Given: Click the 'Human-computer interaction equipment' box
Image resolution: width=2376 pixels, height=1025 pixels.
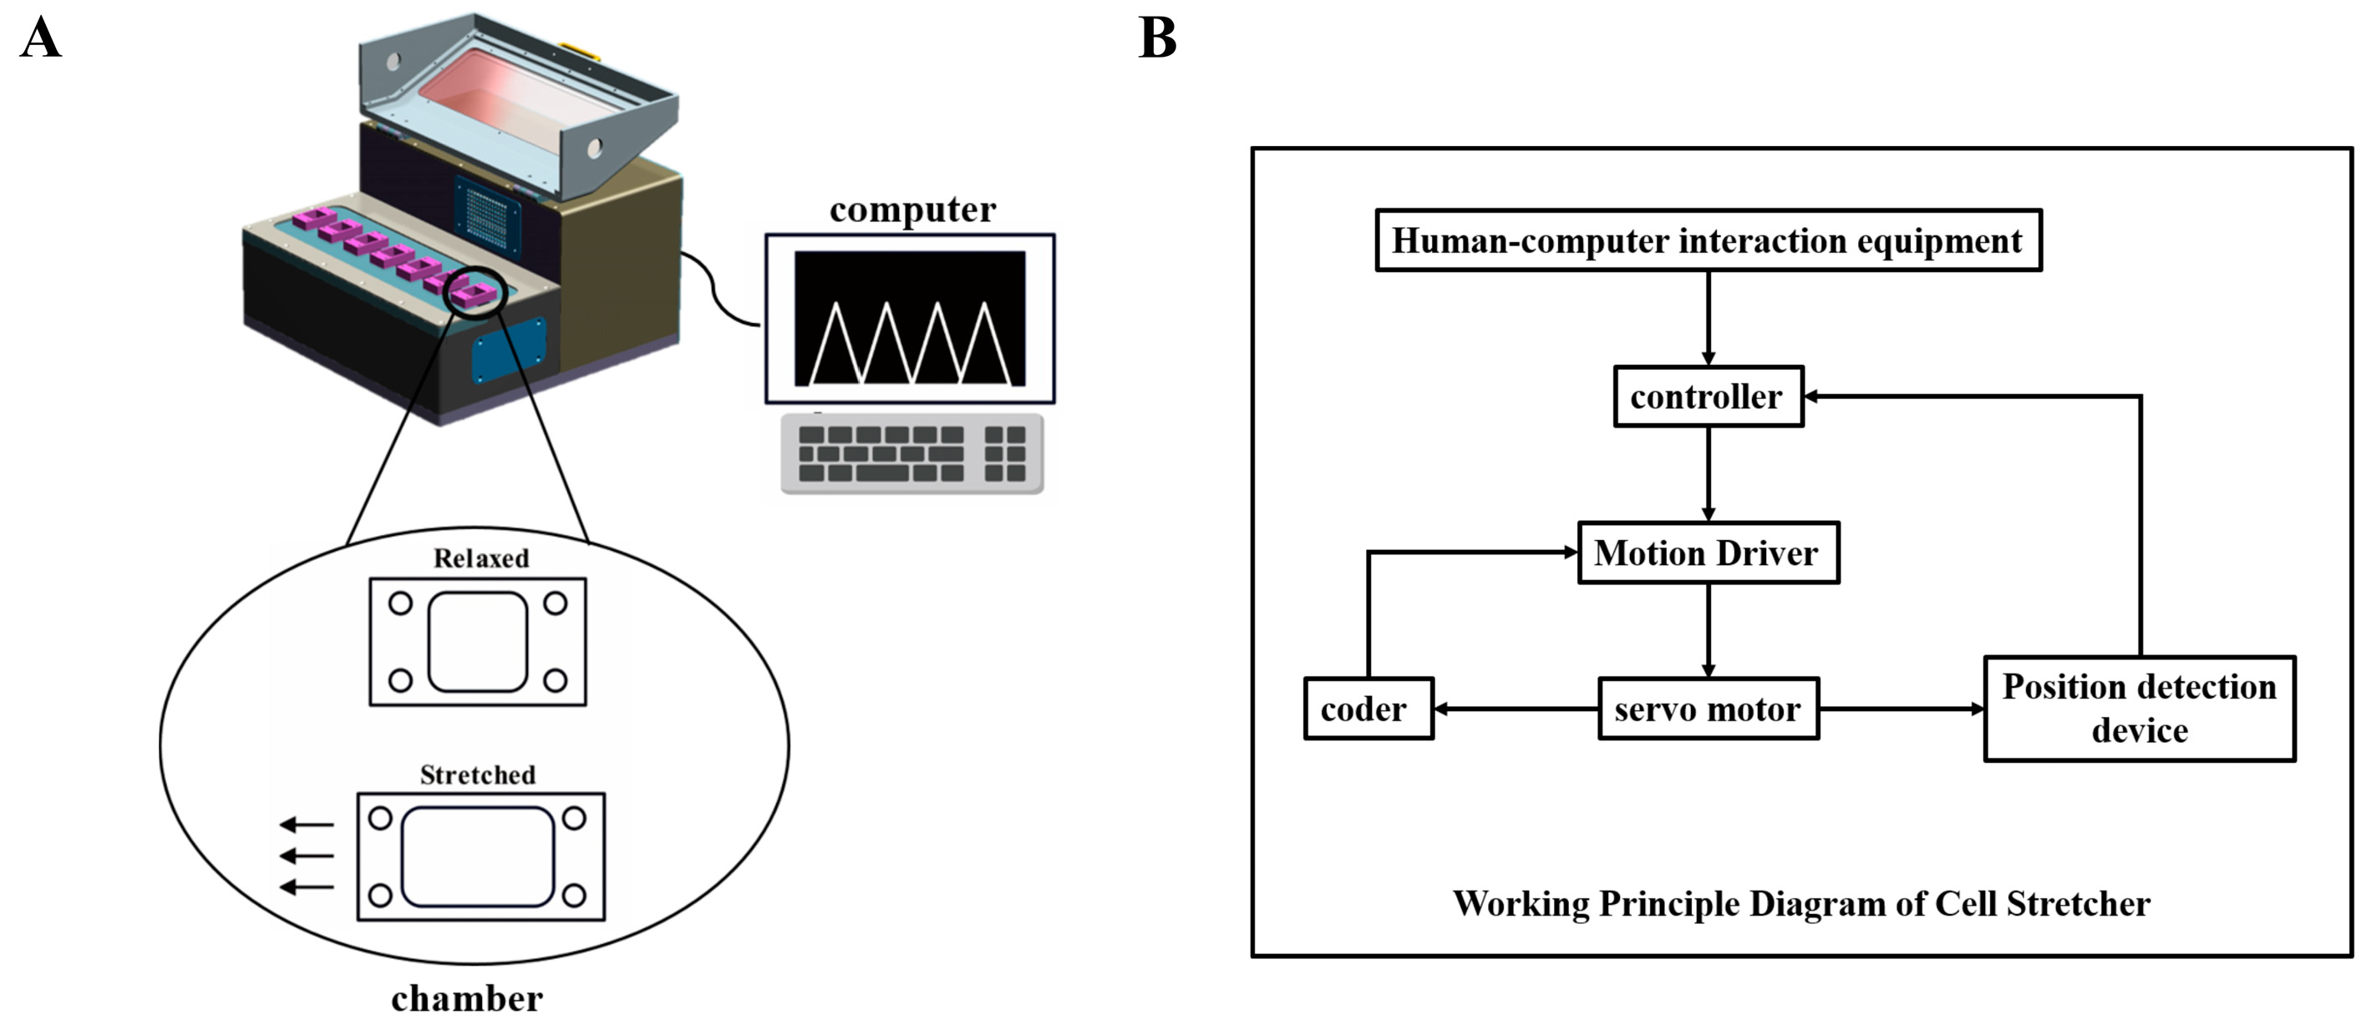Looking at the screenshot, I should (x=1708, y=240).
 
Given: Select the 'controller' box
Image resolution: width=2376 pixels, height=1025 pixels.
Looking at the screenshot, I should (x=1708, y=396).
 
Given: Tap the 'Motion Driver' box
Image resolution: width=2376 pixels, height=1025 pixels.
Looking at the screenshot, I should (x=1708, y=553).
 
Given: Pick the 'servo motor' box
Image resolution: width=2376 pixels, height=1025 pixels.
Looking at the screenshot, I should (x=1708, y=709).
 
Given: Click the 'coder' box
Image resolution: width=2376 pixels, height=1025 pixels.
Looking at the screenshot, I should (x=1367, y=709).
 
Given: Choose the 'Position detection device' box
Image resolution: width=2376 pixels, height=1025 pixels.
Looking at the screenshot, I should (x=2138, y=709).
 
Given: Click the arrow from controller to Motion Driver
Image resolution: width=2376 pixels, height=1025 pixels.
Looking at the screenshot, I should (x=1708, y=474).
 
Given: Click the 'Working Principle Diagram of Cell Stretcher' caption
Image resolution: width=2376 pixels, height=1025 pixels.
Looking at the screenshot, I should (x=1800, y=904).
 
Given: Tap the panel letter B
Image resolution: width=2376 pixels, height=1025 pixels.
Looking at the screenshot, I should (x=1158, y=38).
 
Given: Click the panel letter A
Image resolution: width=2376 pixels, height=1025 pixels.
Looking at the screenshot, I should (x=41, y=38).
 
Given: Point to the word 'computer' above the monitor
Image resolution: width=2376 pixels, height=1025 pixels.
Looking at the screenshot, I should (x=912, y=210).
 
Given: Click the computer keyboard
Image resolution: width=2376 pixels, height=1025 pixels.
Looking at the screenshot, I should (x=911, y=453).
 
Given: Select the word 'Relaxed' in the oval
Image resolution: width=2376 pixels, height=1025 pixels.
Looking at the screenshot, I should (x=480, y=558).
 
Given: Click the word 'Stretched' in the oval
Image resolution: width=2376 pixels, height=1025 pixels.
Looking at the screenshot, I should (x=477, y=775).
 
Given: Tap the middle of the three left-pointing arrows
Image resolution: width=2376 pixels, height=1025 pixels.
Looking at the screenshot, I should (x=307, y=856).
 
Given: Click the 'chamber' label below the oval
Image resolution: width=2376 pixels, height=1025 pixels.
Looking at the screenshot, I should (x=467, y=999).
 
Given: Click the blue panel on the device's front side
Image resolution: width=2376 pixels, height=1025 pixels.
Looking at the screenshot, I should (x=508, y=351).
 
